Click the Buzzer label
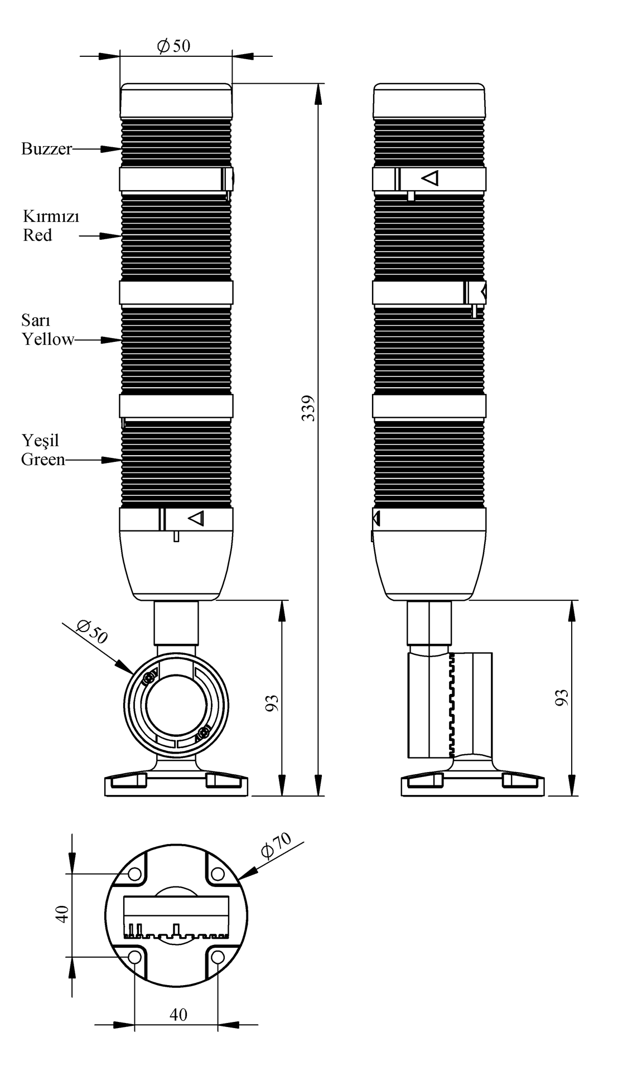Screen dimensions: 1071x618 tap(47, 149)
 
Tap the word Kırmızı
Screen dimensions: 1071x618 tap(51, 216)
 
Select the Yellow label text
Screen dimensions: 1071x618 tap(48, 339)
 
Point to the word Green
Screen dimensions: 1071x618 tap(43, 460)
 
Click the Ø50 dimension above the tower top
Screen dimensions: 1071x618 tap(174, 46)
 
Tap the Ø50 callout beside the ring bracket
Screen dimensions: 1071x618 tap(93, 632)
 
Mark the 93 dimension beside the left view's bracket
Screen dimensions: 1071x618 tap(272, 703)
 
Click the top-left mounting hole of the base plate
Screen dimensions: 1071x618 tap(135, 874)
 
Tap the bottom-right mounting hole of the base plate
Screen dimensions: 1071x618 tap(218, 957)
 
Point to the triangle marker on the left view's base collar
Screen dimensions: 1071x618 tap(196, 518)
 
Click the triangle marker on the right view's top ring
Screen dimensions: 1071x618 tap(431, 178)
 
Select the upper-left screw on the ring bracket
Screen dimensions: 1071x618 tap(149, 679)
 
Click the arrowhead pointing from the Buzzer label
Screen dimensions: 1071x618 tap(111, 149)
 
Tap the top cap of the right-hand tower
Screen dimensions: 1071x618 tap(429, 100)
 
